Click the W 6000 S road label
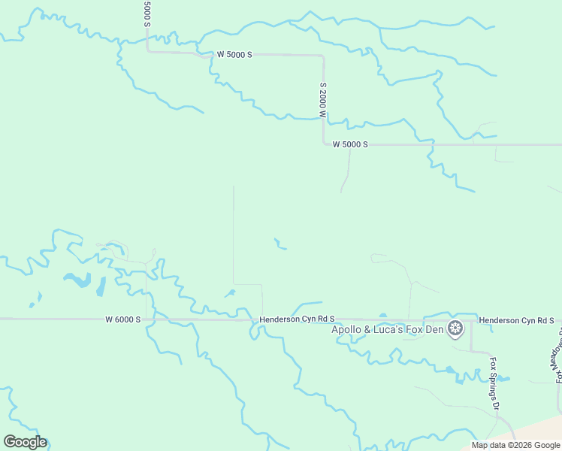point(123,319)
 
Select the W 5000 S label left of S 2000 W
point(234,55)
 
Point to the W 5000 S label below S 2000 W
point(350,144)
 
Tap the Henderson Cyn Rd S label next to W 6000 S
point(297,319)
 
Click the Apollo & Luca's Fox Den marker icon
point(455,328)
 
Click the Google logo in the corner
point(25,442)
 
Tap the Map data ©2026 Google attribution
point(516,445)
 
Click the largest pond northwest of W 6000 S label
point(77,281)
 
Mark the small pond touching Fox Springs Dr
point(503,378)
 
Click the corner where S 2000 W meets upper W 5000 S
point(322,56)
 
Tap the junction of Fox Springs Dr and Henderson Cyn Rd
point(471,320)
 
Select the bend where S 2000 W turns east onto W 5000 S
point(324,144)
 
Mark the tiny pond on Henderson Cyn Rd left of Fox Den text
point(382,316)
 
